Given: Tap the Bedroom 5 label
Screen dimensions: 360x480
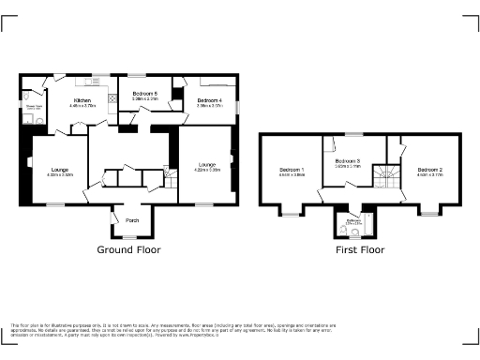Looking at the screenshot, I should point(144,93).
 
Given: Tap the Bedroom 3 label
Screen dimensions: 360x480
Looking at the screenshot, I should point(349,160).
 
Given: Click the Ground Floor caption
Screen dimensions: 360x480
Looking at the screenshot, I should point(128,250).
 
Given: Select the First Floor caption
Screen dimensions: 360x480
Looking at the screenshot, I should point(360,250).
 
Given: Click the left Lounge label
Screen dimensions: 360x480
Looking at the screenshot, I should point(59,169).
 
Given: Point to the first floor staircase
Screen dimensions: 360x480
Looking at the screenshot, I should point(384,176).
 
